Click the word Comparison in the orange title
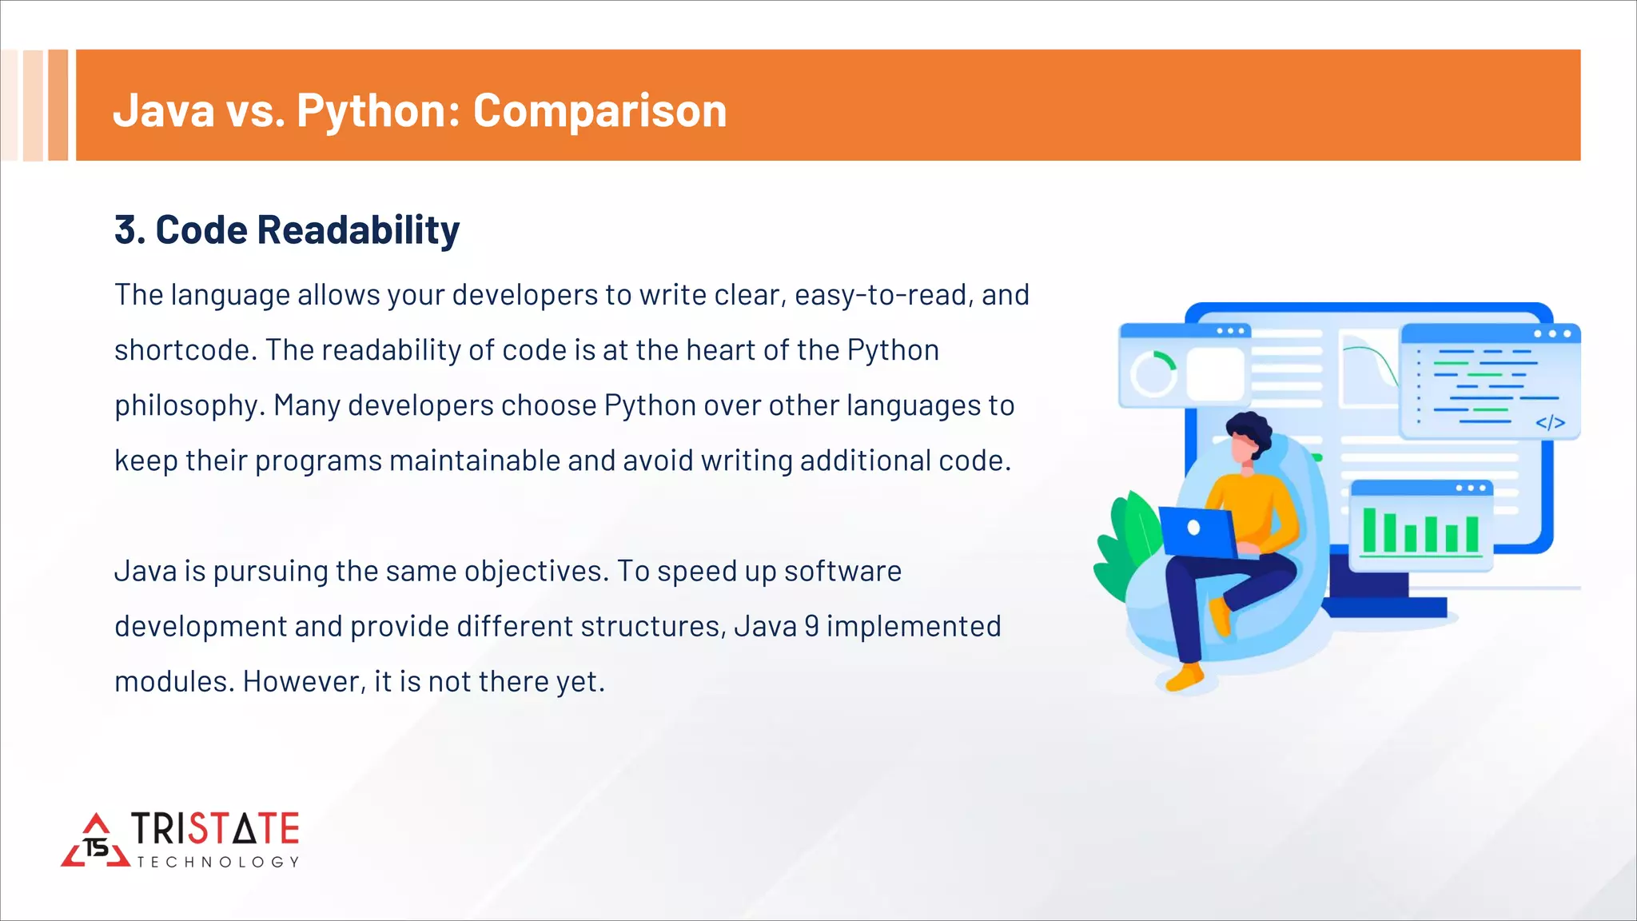[x=599, y=110]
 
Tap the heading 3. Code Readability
[x=287, y=230]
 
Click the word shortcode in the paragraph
[x=184, y=350]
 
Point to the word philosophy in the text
[x=189, y=406]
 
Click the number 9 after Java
[x=811, y=626]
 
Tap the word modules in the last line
[x=173, y=681]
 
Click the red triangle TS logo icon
[x=96, y=842]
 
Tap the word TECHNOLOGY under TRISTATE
[x=217, y=862]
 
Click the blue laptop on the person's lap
[x=1197, y=532]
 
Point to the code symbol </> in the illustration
[x=1550, y=423]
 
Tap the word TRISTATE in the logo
[x=215, y=829]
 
